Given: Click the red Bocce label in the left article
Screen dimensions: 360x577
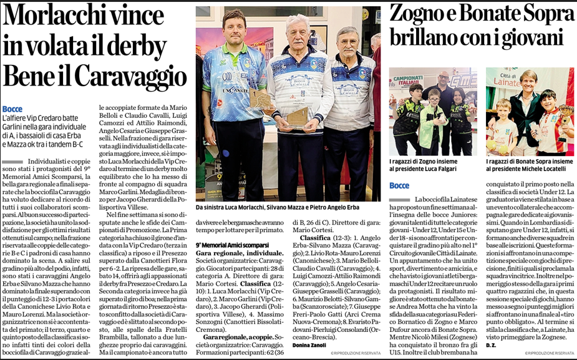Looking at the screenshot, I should (x=12, y=109).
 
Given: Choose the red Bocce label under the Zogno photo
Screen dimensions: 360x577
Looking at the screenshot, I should (x=399, y=185).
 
